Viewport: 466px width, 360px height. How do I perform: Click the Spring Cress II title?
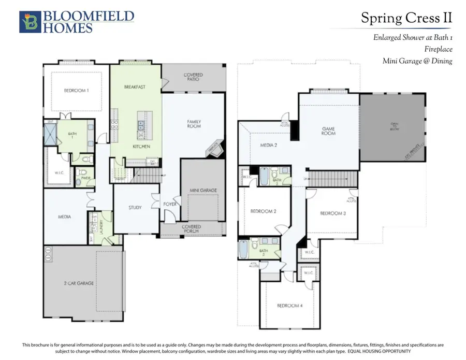click(406, 18)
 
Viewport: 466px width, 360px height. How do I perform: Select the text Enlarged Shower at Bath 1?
click(413, 38)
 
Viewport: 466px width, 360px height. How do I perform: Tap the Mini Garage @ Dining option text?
click(417, 61)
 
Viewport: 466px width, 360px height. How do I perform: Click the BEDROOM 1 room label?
click(76, 90)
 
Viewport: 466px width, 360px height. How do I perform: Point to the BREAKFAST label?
click(135, 87)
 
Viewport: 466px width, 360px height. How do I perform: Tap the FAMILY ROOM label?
click(194, 124)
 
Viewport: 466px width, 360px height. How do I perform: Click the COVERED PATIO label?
click(193, 77)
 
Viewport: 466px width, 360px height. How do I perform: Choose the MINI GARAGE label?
click(203, 190)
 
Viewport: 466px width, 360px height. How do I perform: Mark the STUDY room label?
click(135, 208)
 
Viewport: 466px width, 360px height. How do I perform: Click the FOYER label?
click(170, 204)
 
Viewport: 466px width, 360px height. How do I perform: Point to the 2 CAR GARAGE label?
click(79, 283)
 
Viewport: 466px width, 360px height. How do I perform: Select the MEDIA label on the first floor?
click(64, 217)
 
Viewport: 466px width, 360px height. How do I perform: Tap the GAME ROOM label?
click(328, 131)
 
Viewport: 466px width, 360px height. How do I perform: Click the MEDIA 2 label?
click(268, 146)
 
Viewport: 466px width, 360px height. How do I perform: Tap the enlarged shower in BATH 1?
click(50, 134)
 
